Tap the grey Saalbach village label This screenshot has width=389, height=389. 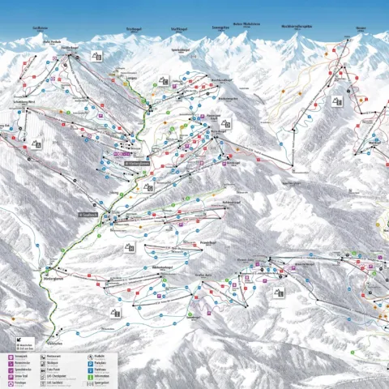(x=91, y=215)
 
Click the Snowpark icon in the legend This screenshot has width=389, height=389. (x=11, y=356)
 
